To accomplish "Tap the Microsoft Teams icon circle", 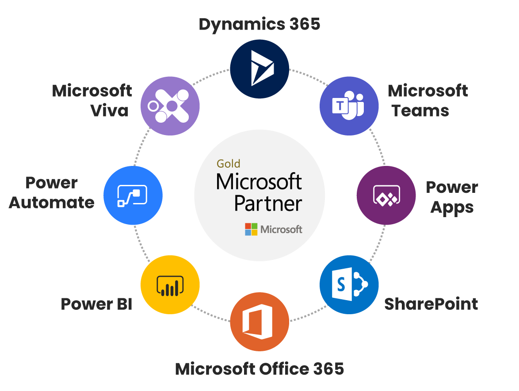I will pyautogui.click(x=349, y=106).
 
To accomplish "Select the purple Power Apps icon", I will pyautogui.click(x=386, y=195).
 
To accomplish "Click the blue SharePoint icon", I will pyautogui.click(x=349, y=285).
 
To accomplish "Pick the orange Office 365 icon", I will pyautogui.click(x=259, y=322).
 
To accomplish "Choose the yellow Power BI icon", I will pyautogui.click(x=170, y=285).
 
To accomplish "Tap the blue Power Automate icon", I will pyautogui.click(x=133, y=195).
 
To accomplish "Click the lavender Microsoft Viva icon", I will pyautogui.click(x=170, y=106).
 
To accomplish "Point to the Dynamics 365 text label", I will pyautogui.click(x=259, y=24).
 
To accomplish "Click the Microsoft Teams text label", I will pyautogui.click(x=427, y=101).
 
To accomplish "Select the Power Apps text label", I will pyautogui.click(x=452, y=197).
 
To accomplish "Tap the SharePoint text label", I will pyautogui.click(x=431, y=304).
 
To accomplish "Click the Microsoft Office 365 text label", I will pyautogui.click(x=259, y=368).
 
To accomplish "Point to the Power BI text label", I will pyautogui.click(x=96, y=304).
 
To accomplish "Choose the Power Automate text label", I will pyautogui.click(x=52, y=192).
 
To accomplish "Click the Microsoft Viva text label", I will pyautogui.click(x=92, y=101).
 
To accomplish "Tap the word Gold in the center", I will pyautogui.click(x=228, y=164).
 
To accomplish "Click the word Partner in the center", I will pyautogui.click(x=268, y=203).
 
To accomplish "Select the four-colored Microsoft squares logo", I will pyautogui.click(x=251, y=229).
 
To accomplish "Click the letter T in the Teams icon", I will pyautogui.click(x=340, y=106).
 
